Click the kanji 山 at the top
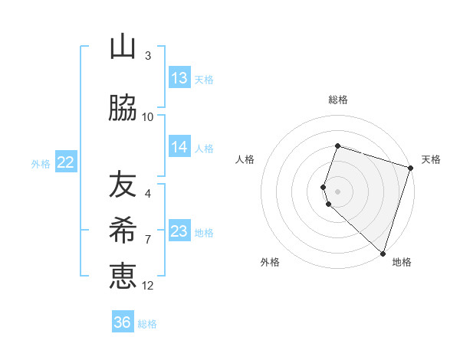pyautogui.click(x=123, y=47)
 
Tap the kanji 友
pyautogui.click(x=123, y=184)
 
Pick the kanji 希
pyautogui.click(x=123, y=230)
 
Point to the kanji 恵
pyautogui.click(x=123, y=275)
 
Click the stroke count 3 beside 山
pyautogui.click(x=148, y=56)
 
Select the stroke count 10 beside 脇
pyautogui.click(x=148, y=116)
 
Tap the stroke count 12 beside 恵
pyautogui.click(x=148, y=285)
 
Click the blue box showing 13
pyautogui.click(x=179, y=78)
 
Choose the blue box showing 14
pyautogui.click(x=179, y=147)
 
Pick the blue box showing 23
pyautogui.click(x=179, y=231)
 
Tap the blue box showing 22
pyautogui.click(x=66, y=162)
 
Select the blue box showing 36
pyautogui.click(x=123, y=322)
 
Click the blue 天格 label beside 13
pyautogui.click(x=204, y=80)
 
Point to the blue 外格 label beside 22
pyautogui.click(x=41, y=163)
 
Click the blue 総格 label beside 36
pyautogui.click(x=147, y=324)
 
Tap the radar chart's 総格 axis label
pyautogui.click(x=337, y=100)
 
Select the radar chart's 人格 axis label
pyautogui.click(x=245, y=159)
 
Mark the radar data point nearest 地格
pyautogui.click(x=383, y=253)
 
